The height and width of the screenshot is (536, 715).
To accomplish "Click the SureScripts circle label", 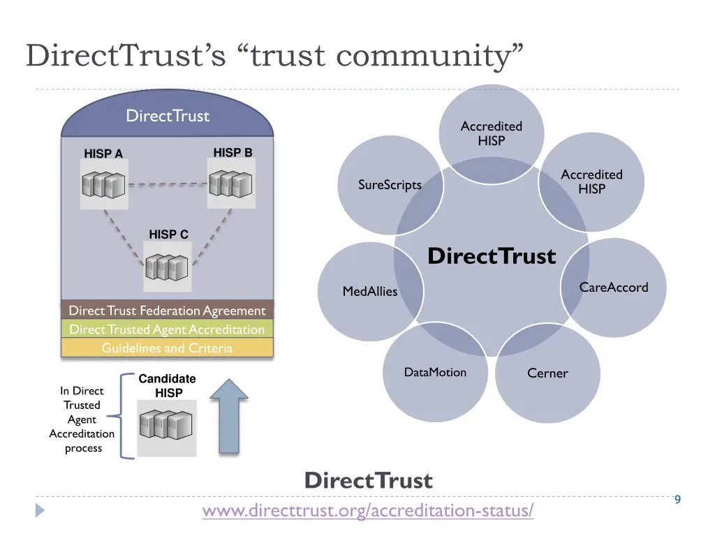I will tap(390, 185).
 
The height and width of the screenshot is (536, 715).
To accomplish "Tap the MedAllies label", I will tap(369, 291).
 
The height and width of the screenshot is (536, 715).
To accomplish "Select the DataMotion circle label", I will tap(435, 372).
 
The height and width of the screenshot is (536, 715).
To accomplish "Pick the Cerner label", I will tap(547, 373).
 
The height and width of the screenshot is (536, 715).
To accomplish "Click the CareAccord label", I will tap(613, 287).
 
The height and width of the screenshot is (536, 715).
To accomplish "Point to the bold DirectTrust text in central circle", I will tap(492, 256).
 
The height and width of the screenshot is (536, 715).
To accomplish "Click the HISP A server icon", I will tap(103, 185).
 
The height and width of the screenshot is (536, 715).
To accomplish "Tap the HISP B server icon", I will tap(231, 184).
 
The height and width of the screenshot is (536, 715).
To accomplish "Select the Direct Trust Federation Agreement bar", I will tap(167, 311).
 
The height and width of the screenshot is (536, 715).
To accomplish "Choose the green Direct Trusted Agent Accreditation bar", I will tap(167, 329).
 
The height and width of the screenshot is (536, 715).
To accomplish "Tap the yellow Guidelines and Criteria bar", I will tap(167, 348).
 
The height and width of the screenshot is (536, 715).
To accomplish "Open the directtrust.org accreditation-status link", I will tap(368, 511).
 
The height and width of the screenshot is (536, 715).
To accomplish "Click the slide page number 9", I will tap(677, 499).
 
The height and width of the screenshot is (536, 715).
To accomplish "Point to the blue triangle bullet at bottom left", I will tap(40, 511).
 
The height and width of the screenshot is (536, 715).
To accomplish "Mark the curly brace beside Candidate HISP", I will tap(125, 417).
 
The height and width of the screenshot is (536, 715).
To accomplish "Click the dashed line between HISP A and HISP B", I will tap(167, 185).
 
